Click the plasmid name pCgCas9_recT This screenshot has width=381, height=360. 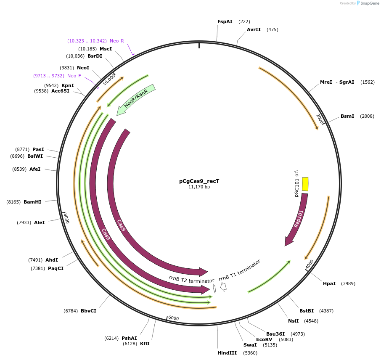199,181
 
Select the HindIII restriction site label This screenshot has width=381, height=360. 225,353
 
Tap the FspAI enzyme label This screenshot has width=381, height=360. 225,21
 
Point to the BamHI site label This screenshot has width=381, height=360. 32,202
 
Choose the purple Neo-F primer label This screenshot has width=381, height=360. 74,76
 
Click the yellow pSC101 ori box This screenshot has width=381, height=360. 305,184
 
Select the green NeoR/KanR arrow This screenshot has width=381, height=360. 136,100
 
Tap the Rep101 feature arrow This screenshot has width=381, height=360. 297,219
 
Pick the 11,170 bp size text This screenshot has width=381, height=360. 199,187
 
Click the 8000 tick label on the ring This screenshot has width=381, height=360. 66,218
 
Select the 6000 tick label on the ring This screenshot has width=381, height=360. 173,318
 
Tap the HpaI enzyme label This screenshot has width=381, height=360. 329,283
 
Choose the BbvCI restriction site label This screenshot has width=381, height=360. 88,311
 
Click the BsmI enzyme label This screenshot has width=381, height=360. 347,116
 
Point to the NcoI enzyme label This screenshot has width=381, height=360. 83,67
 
